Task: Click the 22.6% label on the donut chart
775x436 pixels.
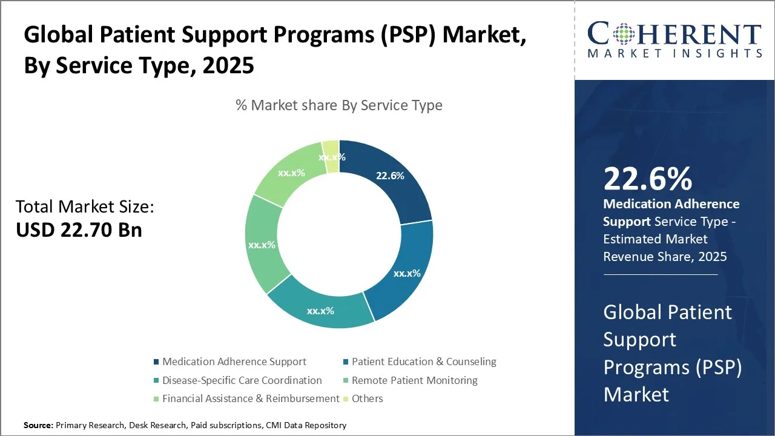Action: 390,176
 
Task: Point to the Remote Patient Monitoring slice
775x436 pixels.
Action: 262,245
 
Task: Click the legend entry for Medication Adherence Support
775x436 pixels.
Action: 234,362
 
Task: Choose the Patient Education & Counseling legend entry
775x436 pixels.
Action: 423,362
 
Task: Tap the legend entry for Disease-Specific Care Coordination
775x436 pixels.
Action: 242,380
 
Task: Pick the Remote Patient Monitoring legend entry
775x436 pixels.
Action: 414,380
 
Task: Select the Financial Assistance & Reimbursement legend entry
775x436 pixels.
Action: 250,398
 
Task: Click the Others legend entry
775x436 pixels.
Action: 367,398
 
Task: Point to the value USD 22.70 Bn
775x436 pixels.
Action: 79,230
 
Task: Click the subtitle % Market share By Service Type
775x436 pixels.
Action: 339,105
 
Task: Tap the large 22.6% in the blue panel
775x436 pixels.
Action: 647,179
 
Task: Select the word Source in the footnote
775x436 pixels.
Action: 38,426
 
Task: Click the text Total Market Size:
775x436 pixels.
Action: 85,207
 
